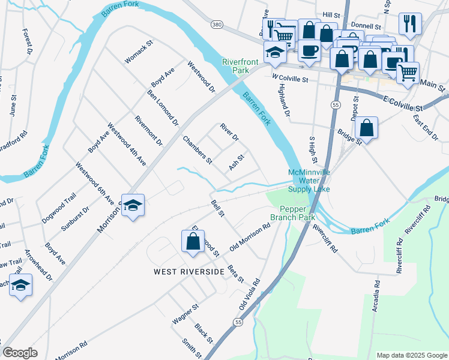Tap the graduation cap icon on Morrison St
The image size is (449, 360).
pos(133,205)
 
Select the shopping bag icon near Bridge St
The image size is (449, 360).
pos(366,128)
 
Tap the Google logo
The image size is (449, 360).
pos(20,353)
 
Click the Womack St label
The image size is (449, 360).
pos(139,52)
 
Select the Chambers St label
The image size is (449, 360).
pos(197,150)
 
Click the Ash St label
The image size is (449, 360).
pos(237,163)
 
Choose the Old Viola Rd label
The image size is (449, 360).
pos(249,294)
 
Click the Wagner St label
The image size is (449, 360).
pos(185,314)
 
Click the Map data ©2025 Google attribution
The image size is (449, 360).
pos(411,355)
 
